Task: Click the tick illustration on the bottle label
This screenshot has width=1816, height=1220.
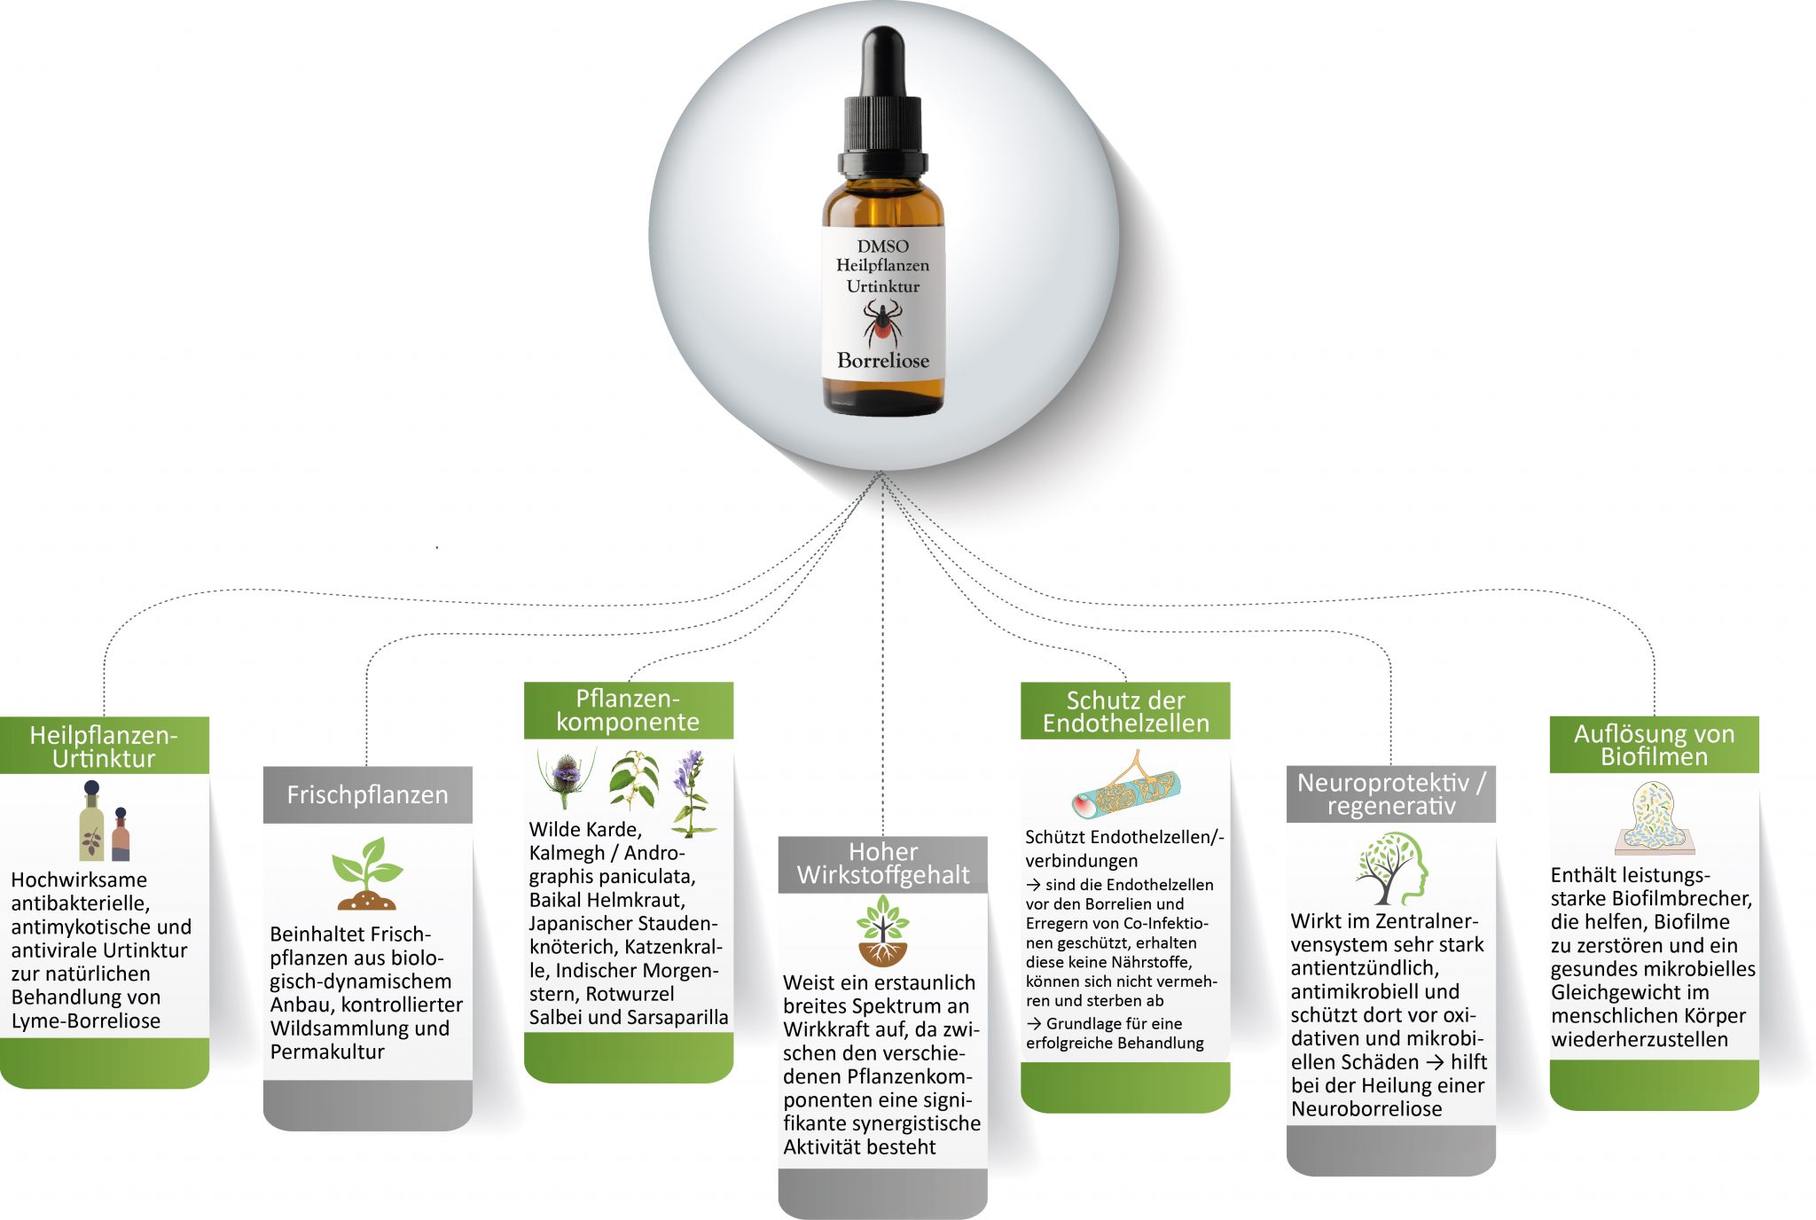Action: pos(882,323)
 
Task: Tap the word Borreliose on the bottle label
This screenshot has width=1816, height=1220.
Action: pos(883,361)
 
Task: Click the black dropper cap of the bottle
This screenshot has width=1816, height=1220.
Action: pos(882,102)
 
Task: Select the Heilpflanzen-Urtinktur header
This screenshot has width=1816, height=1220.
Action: pos(104,746)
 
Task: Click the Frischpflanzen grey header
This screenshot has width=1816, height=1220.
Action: pos(367,794)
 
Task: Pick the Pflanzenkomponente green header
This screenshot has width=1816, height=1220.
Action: pos(628,710)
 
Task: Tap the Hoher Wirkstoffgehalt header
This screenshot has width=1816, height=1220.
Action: pos(883,864)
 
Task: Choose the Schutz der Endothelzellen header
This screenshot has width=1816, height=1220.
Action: pos(1125,711)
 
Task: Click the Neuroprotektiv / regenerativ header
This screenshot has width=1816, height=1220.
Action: pos(1390,794)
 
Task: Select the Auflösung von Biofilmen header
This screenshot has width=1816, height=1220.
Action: pos(1654,745)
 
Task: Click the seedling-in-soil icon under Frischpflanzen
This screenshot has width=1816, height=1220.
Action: pos(367,873)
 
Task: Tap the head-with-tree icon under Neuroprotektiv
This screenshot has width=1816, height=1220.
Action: pos(1391,868)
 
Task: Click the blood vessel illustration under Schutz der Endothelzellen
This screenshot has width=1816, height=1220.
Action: pos(1126,785)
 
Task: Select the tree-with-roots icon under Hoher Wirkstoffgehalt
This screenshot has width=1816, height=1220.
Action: pos(882,930)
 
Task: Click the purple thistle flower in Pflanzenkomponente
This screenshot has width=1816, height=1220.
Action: pos(566,774)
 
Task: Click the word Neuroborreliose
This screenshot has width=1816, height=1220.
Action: pos(1366,1109)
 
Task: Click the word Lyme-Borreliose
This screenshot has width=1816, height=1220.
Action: pos(86,1021)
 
